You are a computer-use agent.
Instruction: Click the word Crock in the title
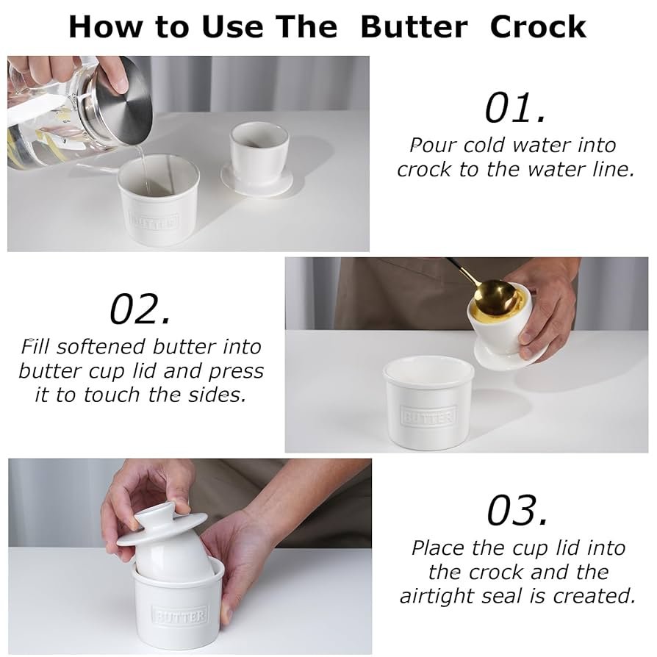pyautogui.click(x=538, y=26)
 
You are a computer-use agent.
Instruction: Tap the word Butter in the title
pyautogui.click(x=414, y=26)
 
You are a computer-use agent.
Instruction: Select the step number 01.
pyautogui.click(x=515, y=108)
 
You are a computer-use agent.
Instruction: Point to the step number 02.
pyautogui.click(x=140, y=309)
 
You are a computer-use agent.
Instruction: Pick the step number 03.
pyautogui.click(x=517, y=510)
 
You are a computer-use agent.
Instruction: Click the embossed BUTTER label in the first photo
pyautogui.click(x=154, y=221)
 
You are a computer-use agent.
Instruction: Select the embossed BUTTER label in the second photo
pyautogui.click(x=428, y=416)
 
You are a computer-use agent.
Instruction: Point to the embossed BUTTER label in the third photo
pyautogui.click(x=180, y=615)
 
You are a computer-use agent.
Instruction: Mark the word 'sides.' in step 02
pyautogui.click(x=217, y=395)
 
